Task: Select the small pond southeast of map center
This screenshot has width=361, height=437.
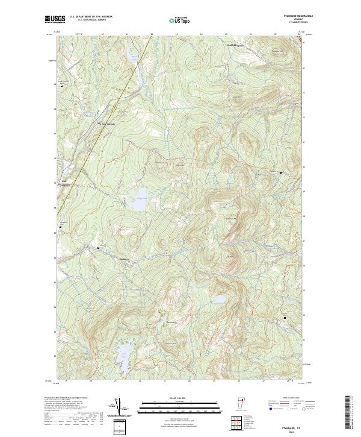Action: tap(220, 300)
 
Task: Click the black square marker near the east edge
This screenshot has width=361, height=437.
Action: tap(280, 173)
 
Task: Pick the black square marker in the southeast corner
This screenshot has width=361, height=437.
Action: tap(285, 318)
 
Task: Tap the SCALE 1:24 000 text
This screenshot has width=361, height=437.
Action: tap(171, 397)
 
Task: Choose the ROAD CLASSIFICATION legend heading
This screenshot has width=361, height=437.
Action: tap(290, 398)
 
